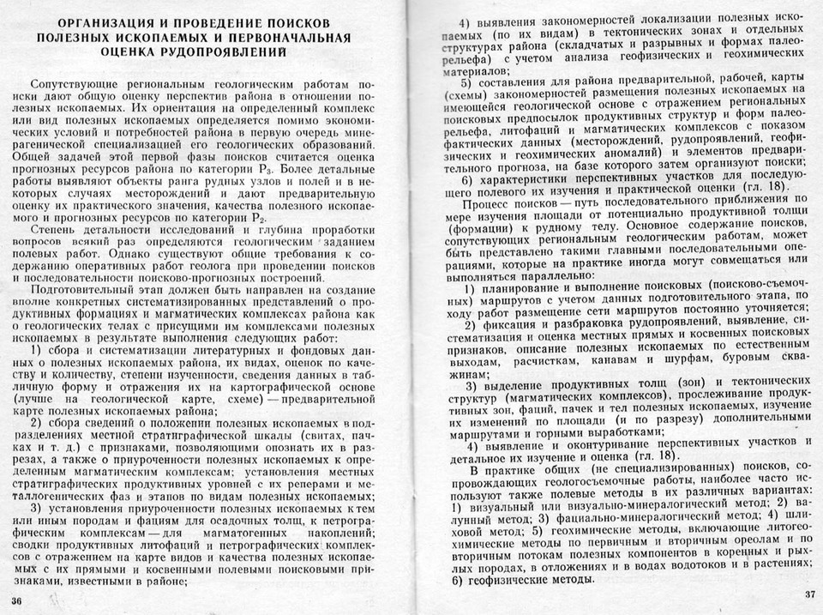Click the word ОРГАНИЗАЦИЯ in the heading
point(99,23)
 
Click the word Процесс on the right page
point(487,207)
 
